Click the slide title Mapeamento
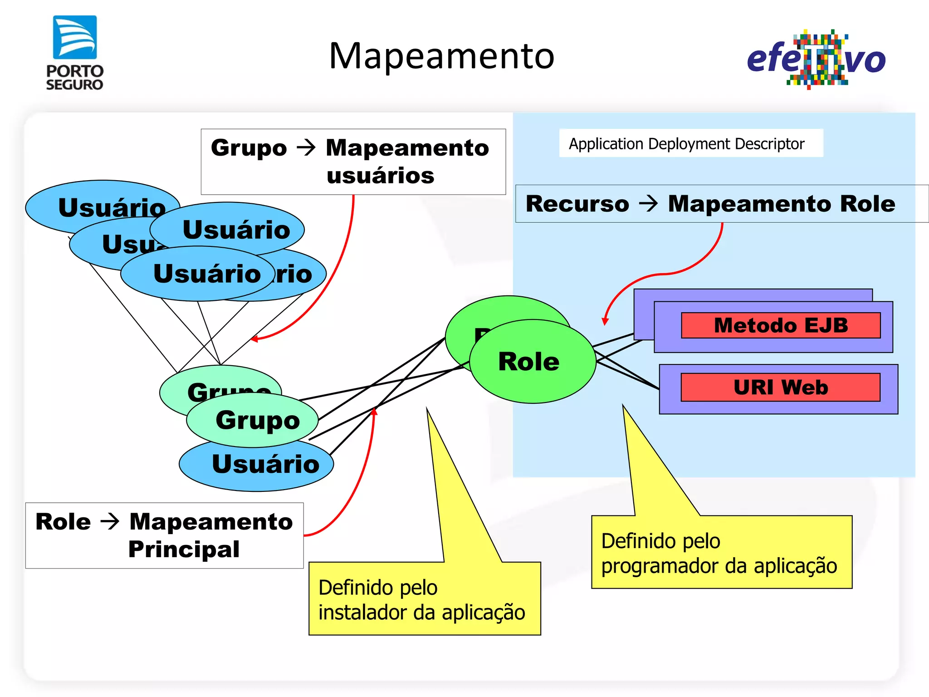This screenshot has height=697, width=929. pyautogui.click(x=441, y=56)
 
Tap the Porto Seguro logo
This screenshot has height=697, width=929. pyautogui.click(x=75, y=52)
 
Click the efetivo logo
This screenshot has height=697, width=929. pyautogui.click(x=816, y=59)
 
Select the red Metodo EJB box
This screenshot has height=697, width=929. pyautogui.click(x=780, y=325)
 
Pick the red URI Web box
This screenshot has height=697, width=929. pyautogui.click(x=780, y=387)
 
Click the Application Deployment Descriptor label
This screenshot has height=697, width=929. pyautogui.click(x=686, y=144)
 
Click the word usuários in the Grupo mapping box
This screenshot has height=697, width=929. pyautogui.click(x=380, y=176)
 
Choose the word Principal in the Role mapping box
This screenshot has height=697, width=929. pyautogui.click(x=184, y=549)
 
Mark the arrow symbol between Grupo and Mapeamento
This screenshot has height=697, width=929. pyautogui.click(x=306, y=147)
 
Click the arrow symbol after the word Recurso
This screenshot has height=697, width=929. pyautogui.click(x=648, y=203)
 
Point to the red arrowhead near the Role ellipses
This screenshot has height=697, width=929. pyautogui.click(x=605, y=321)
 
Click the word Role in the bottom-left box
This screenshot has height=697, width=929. pyautogui.click(x=63, y=521)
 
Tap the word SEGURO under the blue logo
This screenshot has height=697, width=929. pyautogui.click(x=75, y=85)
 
